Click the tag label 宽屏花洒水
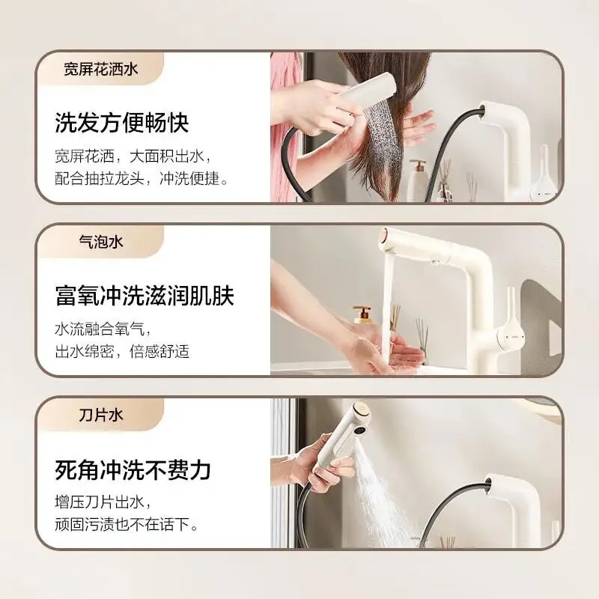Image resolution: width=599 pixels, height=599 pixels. (x=101, y=70)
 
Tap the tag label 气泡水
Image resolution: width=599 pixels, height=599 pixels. (x=101, y=242)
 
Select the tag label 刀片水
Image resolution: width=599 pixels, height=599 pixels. (x=101, y=415)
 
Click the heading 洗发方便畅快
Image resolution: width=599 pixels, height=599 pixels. (x=122, y=123)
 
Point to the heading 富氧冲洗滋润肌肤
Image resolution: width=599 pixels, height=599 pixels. (x=145, y=295)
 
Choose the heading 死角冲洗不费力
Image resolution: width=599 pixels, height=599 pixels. (x=133, y=469)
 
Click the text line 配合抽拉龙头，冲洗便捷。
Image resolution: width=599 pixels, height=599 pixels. (x=142, y=179)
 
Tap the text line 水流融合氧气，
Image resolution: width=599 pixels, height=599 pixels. (x=103, y=329)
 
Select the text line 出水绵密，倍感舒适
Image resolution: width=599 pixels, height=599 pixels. (x=122, y=351)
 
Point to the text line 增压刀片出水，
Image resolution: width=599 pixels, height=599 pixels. (x=103, y=502)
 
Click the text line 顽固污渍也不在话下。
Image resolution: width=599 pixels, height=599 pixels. (x=127, y=524)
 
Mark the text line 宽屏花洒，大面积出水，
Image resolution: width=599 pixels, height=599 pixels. (x=134, y=156)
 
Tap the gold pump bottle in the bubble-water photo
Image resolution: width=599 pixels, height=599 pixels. (x=362, y=314)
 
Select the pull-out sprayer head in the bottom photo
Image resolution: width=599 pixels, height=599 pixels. (x=341, y=436)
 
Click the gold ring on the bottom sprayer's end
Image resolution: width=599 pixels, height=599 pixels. (x=361, y=410)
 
